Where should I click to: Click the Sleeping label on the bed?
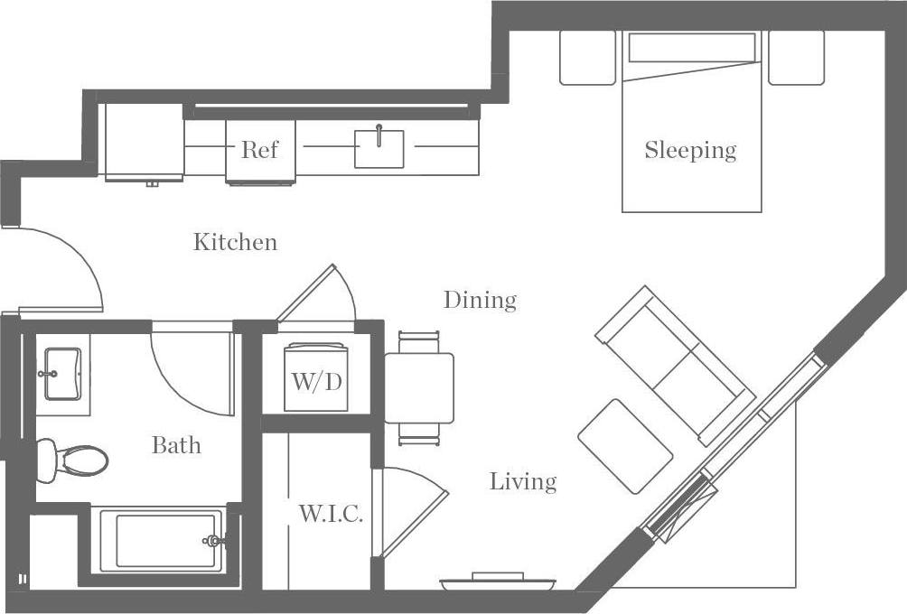tap(690, 150)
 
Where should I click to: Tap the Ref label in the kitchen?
tap(259, 150)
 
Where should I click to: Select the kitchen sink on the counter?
tap(379, 149)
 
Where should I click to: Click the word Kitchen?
tap(235, 242)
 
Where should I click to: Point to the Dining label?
tap(480, 300)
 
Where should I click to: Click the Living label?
tap(523, 481)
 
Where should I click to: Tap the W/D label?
tap(316, 381)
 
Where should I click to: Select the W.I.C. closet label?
tap(331, 515)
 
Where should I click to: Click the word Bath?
tap(176, 445)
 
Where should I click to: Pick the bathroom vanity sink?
tap(61, 373)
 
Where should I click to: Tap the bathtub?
tap(161, 540)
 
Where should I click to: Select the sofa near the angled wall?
tap(676, 365)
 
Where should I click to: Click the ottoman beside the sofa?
tap(625, 446)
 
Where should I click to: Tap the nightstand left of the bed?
tap(587, 58)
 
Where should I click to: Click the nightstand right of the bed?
tap(796, 58)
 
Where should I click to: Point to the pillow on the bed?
tap(691, 48)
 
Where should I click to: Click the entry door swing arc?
tap(68, 262)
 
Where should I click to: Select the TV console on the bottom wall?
tap(497, 582)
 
